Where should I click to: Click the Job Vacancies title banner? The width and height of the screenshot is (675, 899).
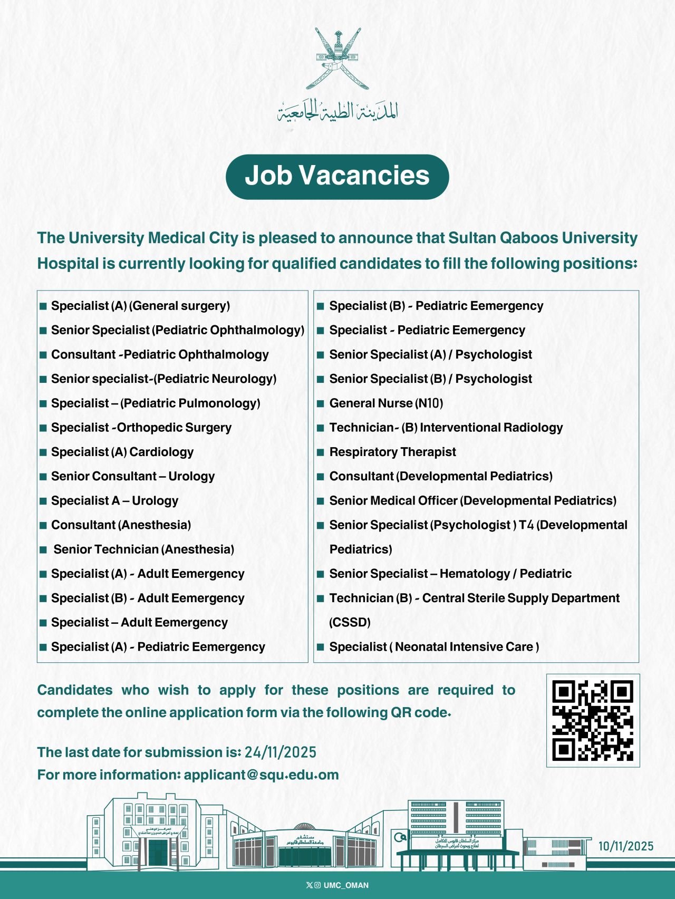[x=337, y=176]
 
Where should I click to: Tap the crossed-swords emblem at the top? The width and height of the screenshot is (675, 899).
[x=337, y=58]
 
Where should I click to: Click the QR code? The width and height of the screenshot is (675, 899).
[x=593, y=720]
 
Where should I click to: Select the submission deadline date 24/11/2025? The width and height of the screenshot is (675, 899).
[x=280, y=752]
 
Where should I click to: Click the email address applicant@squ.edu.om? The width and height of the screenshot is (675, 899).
[x=261, y=775]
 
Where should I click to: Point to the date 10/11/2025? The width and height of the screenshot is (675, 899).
[x=625, y=846]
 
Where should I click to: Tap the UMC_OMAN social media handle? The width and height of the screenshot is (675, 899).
[x=345, y=885]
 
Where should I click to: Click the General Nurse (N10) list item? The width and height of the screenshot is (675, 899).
[x=386, y=403]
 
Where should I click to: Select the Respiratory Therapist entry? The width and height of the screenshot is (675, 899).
[x=392, y=452]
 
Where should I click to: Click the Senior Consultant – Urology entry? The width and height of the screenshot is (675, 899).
[x=133, y=476]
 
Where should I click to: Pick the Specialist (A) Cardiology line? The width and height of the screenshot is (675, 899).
[x=122, y=452]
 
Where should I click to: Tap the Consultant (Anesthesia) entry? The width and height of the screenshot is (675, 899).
[x=121, y=525]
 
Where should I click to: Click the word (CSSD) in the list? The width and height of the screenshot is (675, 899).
[x=350, y=622]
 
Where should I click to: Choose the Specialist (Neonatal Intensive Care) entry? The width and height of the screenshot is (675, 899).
[x=434, y=646]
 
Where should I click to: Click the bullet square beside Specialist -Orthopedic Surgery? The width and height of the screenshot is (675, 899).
[x=43, y=428]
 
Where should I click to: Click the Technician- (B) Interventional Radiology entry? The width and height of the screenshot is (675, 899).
[x=446, y=428]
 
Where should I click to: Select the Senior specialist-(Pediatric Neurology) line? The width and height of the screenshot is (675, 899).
[x=163, y=379]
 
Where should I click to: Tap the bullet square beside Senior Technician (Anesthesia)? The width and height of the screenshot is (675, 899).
[x=43, y=549]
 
